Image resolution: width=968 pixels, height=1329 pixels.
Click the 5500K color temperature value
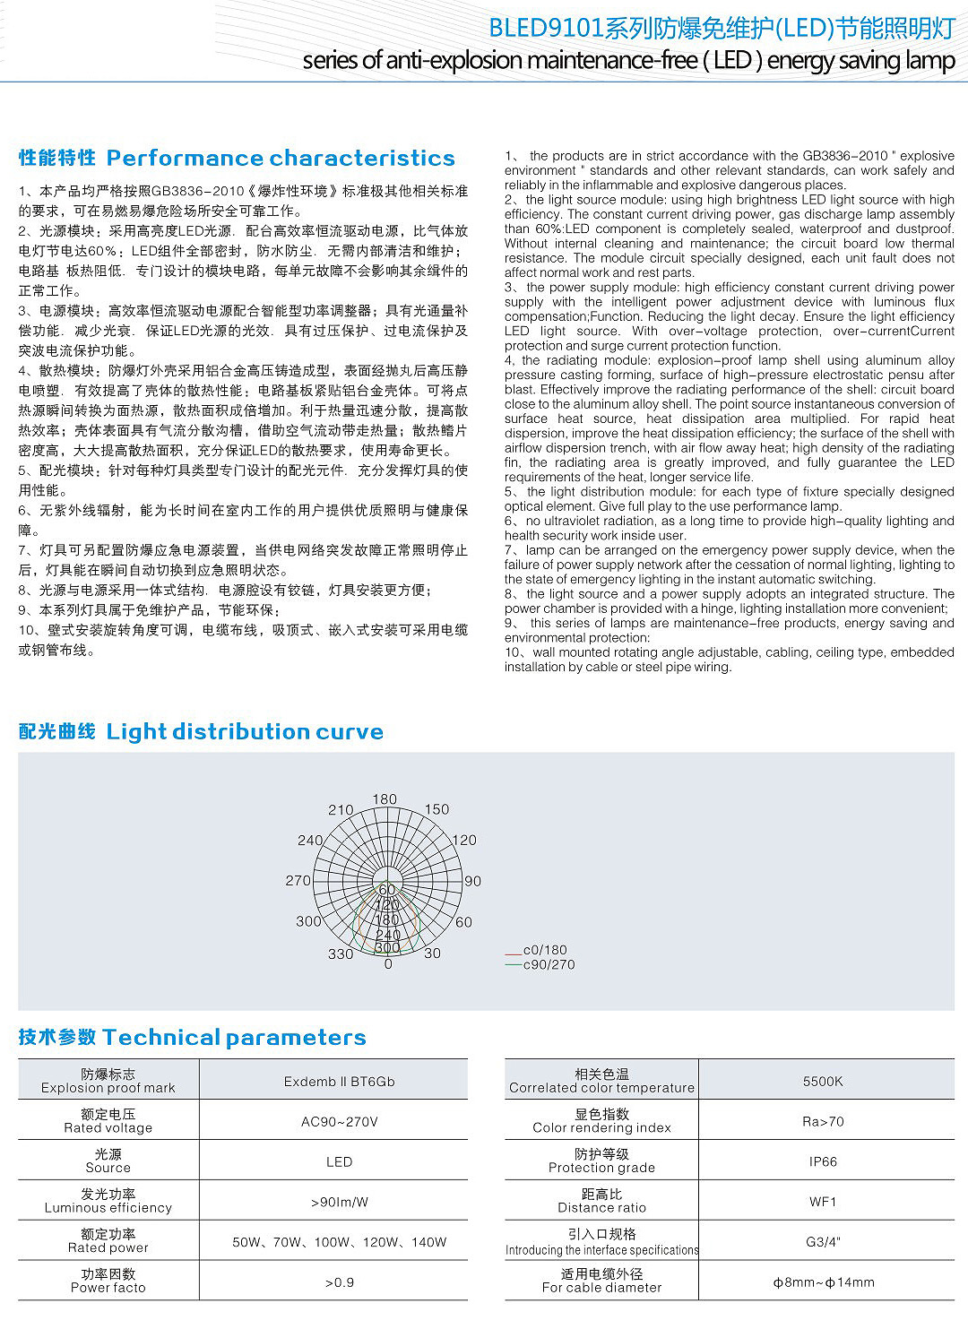point(822,1081)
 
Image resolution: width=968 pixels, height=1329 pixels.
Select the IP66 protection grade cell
point(822,1161)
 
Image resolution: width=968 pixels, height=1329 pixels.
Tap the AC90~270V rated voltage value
point(339,1121)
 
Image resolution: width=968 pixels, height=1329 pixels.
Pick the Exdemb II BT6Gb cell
point(339,1081)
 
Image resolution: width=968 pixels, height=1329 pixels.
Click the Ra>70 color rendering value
point(822,1121)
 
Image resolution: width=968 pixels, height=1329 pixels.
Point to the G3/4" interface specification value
point(822,1242)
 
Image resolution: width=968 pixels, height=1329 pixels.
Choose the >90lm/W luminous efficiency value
point(339,1202)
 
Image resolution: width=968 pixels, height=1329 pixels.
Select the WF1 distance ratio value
point(822,1202)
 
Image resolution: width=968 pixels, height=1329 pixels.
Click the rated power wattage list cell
point(339,1242)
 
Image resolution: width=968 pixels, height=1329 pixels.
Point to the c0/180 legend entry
point(545,950)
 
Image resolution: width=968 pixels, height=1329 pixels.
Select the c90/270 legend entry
point(549,964)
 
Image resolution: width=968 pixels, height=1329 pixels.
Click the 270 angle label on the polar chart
point(298,881)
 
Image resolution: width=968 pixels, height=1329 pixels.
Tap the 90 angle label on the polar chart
point(473,881)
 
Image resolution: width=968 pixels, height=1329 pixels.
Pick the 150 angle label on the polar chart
point(436,809)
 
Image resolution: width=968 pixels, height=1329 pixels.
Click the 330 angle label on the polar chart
point(340,954)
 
